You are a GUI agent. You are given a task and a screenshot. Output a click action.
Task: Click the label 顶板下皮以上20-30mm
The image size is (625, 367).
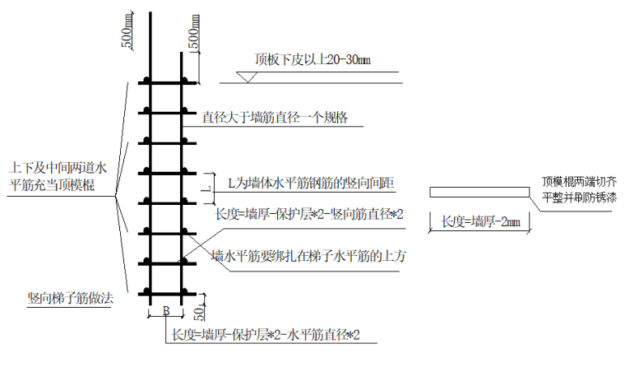click(x=312, y=60)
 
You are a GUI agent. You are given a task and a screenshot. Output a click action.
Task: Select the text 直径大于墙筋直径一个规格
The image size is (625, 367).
click(x=275, y=118)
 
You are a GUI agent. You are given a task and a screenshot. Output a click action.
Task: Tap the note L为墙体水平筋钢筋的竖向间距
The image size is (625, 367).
click(x=311, y=183)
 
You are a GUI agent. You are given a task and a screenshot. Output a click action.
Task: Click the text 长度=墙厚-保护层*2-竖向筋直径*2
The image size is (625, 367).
click(x=309, y=214)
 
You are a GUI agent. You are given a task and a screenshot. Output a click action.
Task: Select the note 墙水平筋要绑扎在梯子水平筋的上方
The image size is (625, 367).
click(x=308, y=256)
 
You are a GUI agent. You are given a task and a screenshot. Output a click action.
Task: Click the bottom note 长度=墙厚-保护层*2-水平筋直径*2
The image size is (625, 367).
click(x=266, y=335)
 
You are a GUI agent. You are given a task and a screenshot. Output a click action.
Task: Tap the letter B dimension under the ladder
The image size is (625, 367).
click(x=166, y=311)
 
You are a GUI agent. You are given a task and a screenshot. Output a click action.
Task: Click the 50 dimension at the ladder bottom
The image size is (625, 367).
click(x=199, y=313)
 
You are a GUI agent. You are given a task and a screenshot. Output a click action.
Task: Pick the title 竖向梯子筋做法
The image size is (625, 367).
click(x=70, y=298)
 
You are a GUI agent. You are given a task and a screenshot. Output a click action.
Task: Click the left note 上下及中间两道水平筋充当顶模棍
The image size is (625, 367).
click(x=58, y=176)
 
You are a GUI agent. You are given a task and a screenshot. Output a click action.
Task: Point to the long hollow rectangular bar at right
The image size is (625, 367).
click(x=479, y=193)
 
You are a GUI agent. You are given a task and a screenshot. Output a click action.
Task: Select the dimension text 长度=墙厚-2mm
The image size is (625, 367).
click(x=481, y=221)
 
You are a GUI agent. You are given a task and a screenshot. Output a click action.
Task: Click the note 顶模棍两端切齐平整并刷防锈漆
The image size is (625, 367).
click(x=580, y=189)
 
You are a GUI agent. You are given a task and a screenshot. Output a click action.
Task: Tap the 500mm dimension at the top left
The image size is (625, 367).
click(x=127, y=32)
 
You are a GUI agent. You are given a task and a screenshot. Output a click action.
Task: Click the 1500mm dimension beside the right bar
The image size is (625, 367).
click(x=194, y=33)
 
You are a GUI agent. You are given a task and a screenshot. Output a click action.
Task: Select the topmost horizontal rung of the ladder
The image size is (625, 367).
click(x=168, y=83)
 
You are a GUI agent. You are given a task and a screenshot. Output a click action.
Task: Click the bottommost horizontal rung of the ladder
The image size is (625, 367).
click(x=168, y=295)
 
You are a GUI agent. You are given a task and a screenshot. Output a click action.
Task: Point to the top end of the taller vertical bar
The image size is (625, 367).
click(x=150, y=12)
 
